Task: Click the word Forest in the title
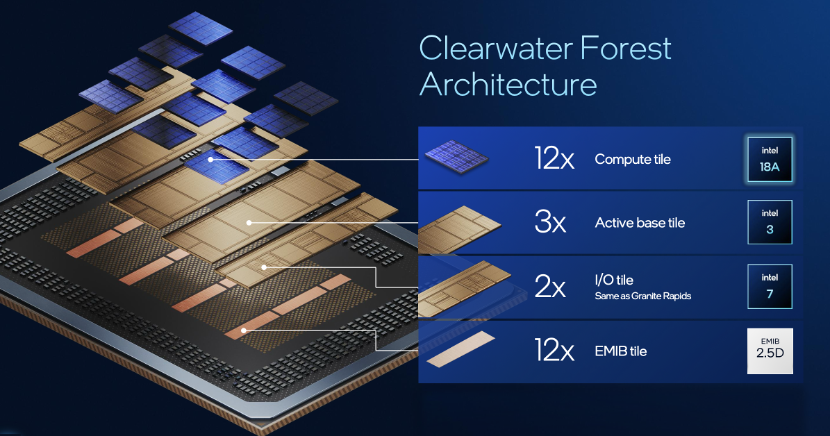pos(626,48)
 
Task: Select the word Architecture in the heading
pos(508,85)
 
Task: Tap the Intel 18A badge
pos(770,159)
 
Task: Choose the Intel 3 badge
pos(770,222)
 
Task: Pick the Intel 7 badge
pos(770,286)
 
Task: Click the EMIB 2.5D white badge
pos(770,350)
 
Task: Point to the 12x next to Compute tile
pos(554,158)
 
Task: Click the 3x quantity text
pos(550,222)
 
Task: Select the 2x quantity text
pos(550,286)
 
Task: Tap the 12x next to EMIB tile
pos(554,350)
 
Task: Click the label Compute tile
pos(633,159)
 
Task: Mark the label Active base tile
pos(639,223)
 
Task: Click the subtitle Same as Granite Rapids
pos(643,296)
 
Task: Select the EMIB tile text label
pos(620,351)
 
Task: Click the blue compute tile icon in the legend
pos(456,156)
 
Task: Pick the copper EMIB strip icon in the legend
pos(461,349)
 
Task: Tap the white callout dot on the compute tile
pos(211,159)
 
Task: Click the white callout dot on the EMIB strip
pos(243,331)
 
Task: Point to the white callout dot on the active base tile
pos(249,223)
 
